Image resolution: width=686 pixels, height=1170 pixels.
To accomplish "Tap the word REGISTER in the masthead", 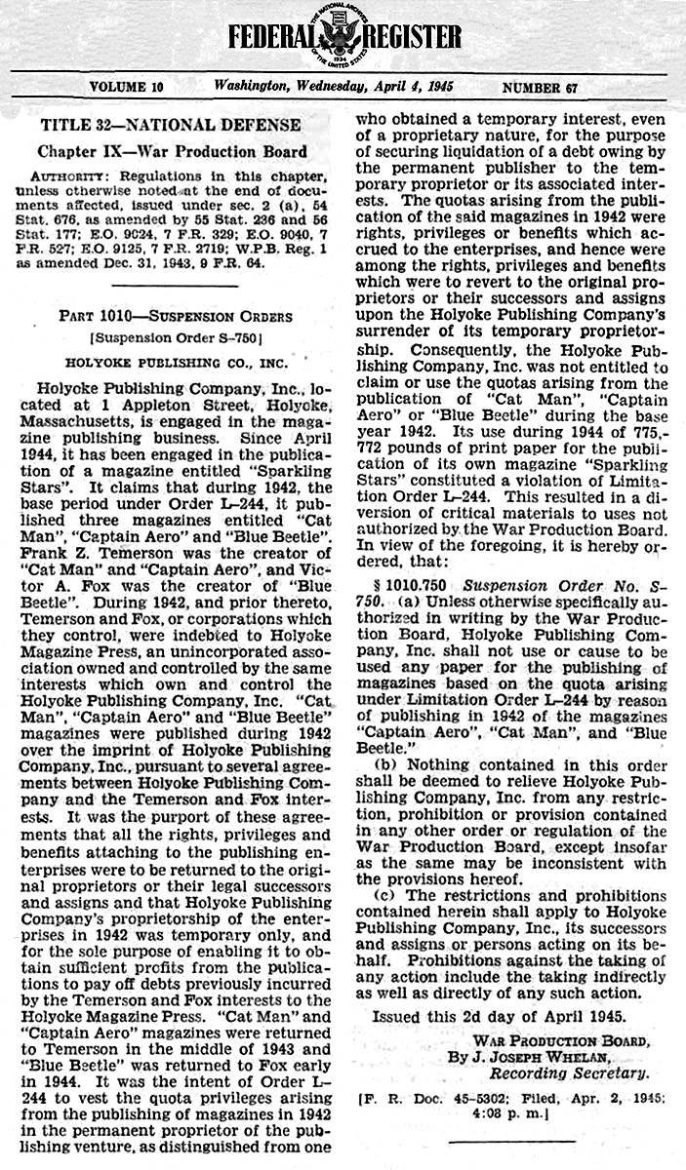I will [x=412, y=38].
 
